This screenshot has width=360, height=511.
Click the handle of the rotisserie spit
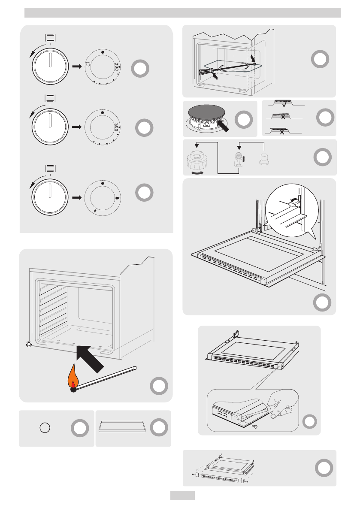pyautogui.click(x=205, y=73)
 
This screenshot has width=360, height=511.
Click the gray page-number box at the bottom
pyautogui.click(x=182, y=496)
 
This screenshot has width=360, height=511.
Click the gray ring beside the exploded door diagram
pyautogui.click(x=322, y=468)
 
